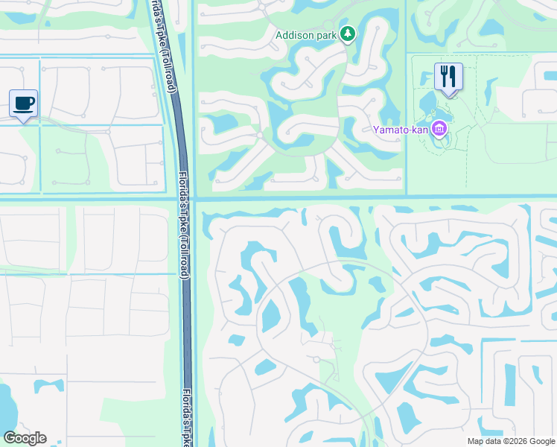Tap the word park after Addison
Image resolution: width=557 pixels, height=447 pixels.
327,34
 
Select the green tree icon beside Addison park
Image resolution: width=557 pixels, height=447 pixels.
347,34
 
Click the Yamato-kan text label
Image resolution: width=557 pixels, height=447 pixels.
400,130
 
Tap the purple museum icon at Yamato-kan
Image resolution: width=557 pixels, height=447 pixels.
439,130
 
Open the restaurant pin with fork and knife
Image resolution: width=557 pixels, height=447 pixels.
448,77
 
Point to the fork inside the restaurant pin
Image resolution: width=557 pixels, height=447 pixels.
444,75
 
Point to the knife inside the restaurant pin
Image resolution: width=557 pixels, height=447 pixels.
453,75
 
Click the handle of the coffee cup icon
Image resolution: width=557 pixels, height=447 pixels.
31,101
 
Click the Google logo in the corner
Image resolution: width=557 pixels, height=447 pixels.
25,438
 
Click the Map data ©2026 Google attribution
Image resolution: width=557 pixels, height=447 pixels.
510,441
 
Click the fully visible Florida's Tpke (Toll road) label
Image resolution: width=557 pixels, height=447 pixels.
185,226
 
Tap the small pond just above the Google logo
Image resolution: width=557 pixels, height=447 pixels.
48,386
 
